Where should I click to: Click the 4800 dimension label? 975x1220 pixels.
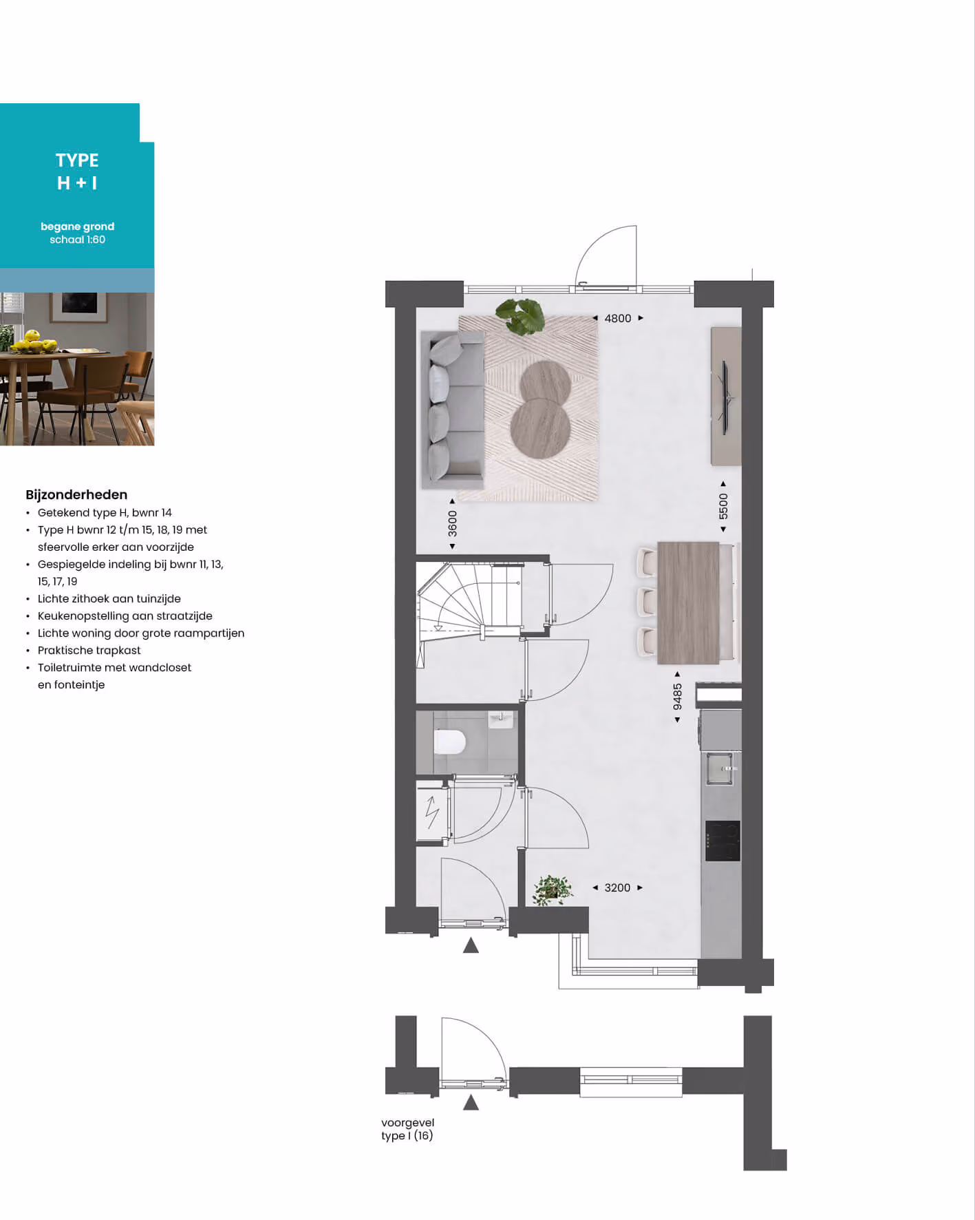[x=618, y=318]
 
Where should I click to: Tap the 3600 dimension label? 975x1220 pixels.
[x=452, y=523]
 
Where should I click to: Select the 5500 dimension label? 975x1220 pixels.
[x=723, y=506]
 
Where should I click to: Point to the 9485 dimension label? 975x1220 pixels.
[x=678, y=696]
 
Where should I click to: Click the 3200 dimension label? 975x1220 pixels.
[x=617, y=887]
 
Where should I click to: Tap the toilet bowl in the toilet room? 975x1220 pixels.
[x=450, y=742]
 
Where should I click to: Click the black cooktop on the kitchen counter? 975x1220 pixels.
[x=722, y=841]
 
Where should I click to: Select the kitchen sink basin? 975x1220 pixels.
[x=720, y=768]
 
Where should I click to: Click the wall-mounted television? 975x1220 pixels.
[x=725, y=397]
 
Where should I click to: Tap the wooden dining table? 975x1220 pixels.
[x=688, y=602]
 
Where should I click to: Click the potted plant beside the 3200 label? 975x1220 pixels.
[x=553, y=890]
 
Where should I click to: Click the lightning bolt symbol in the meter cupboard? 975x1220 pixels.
[x=432, y=812]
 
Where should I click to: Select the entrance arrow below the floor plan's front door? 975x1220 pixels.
[x=471, y=945]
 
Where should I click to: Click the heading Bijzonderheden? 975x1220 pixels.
[x=76, y=494]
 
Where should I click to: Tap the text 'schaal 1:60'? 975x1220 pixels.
[x=77, y=240]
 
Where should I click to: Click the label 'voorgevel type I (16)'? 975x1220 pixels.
[x=407, y=1129]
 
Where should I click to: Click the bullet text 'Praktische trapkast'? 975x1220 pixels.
[x=89, y=650]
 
